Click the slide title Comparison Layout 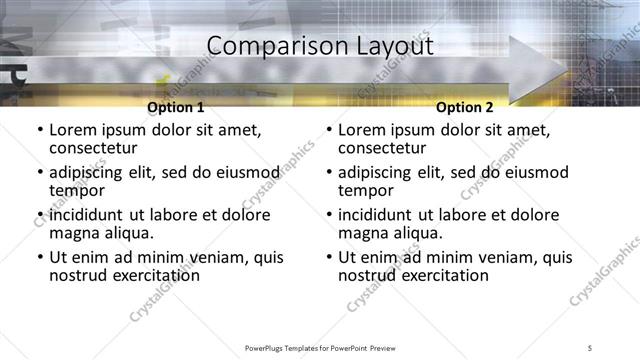(x=320, y=46)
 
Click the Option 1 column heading (x=175, y=107)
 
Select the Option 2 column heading (x=465, y=107)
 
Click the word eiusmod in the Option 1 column (x=249, y=172)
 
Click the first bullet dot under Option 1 (x=39, y=130)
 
